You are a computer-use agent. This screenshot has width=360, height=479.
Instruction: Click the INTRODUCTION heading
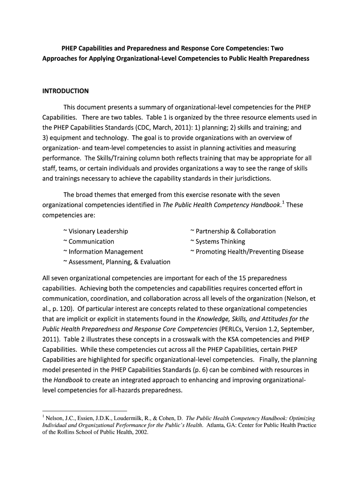(x=65, y=91)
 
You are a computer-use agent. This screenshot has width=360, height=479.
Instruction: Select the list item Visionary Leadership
(x=95, y=231)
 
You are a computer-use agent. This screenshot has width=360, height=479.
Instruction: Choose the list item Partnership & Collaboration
(x=233, y=231)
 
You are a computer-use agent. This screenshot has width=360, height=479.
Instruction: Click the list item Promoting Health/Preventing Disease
(x=247, y=252)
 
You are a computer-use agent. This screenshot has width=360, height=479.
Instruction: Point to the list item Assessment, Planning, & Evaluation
(x=116, y=262)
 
